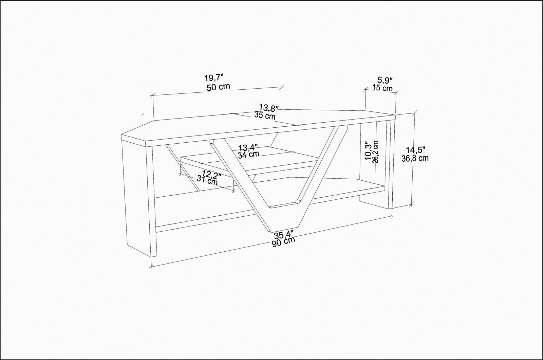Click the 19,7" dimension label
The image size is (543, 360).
coord(213,78)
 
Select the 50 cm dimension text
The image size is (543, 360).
coord(218,87)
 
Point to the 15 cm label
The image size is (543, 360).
coord(382,88)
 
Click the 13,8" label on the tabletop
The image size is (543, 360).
coord(269,107)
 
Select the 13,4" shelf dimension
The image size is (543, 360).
coord(248,147)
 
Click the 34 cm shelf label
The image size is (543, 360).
coord(248,154)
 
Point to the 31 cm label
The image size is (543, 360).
coord(207,181)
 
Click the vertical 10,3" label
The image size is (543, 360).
coord(368,151)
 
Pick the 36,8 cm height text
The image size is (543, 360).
coord(415,158)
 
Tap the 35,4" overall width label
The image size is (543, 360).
coord(284,235)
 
